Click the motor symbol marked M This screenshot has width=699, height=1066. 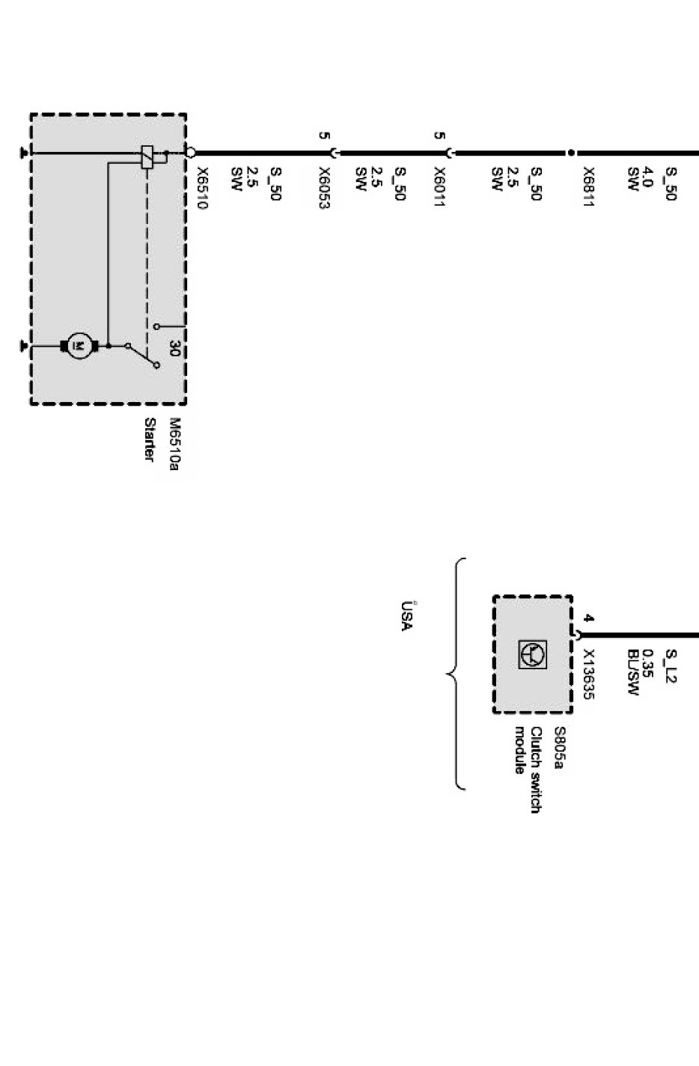[x=79, y=346]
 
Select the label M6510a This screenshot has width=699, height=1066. [x=174, y=445]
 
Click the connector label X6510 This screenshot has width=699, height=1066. [x=201, y=187]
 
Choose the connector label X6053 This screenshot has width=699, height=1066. [x=324, y=187]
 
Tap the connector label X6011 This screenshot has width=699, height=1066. [x=439, y=187]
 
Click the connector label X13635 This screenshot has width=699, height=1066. [x=588, y=674]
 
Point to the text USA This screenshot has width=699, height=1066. [x=406, y=616]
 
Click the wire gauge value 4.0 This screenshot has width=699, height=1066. [x=648, y=177]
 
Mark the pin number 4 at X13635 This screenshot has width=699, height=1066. [x=588, y=619]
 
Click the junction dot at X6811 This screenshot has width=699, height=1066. [x=571, y=153]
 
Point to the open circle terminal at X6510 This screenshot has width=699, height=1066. [x=191, y=153]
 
